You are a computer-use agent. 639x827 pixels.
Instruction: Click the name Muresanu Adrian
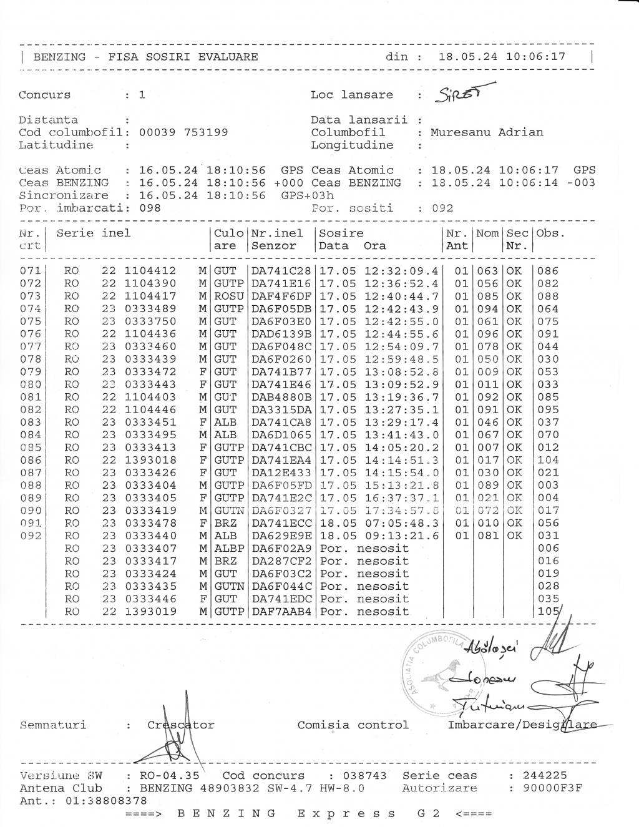[487, 132]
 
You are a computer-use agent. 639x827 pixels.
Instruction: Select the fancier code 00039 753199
[183, 132]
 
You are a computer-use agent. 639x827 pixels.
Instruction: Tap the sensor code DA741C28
[281, 271]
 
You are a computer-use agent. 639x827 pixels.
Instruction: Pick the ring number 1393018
[150, 460]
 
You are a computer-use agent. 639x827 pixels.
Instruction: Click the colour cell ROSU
[228, 296]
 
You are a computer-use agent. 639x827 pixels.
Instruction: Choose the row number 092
[30, 536]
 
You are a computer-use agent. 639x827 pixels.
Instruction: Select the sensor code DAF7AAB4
[281, 611]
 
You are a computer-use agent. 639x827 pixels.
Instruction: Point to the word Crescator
[181, 725]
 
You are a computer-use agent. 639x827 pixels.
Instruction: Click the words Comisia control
[353, 725]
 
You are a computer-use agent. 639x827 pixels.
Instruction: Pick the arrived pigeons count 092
[442, 208]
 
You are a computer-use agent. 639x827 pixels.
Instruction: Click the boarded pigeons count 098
[150, 208]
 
